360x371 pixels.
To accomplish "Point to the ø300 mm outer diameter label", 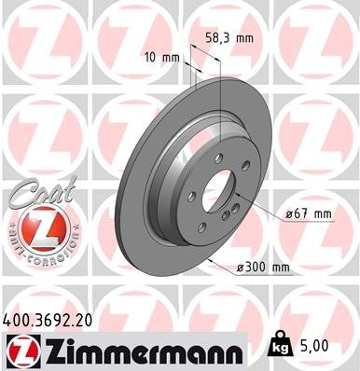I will pos(265,269).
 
